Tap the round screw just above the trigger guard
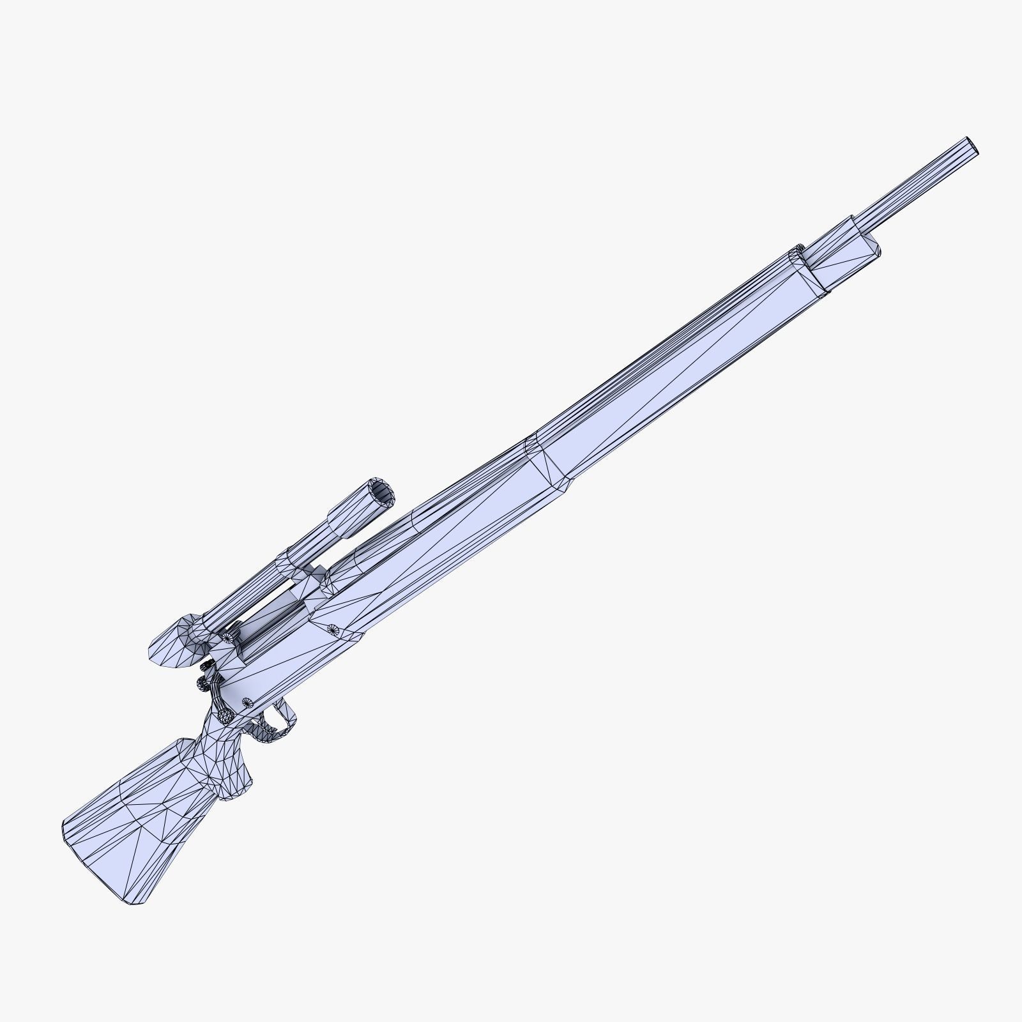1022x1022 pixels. pos(247,702)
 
